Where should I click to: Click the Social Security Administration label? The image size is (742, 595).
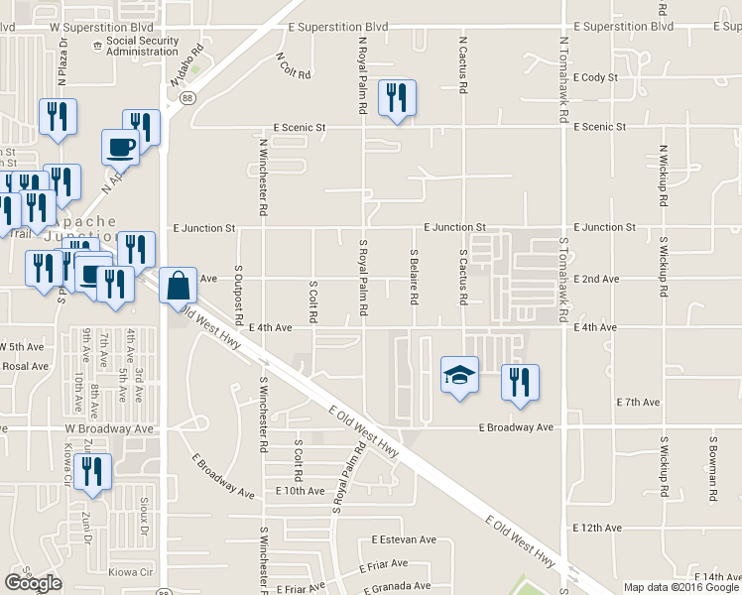pyautogui.click(x=142, y=47)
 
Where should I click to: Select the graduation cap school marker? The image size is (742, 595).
pyautogui.click(x=458, y=375)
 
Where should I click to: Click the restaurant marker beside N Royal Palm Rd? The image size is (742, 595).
pyautogui.click(x=397, y=97)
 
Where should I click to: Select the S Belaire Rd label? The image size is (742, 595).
pyautogui.click(x=414, y=277)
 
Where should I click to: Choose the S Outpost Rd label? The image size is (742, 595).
pyautogui.click(x=239, y=295)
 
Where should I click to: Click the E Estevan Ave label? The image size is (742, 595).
pyautogui.click(x=405, y=540)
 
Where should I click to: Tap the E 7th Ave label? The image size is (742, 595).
pyautogui.click(x=638, y=403)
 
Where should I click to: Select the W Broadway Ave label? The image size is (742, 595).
pyautogui.click(x=110, y=429)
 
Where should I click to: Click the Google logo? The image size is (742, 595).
pyautogui.click(x=33, y=583)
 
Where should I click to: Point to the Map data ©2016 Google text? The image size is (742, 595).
pyautogui.click(x=681, y=587)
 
